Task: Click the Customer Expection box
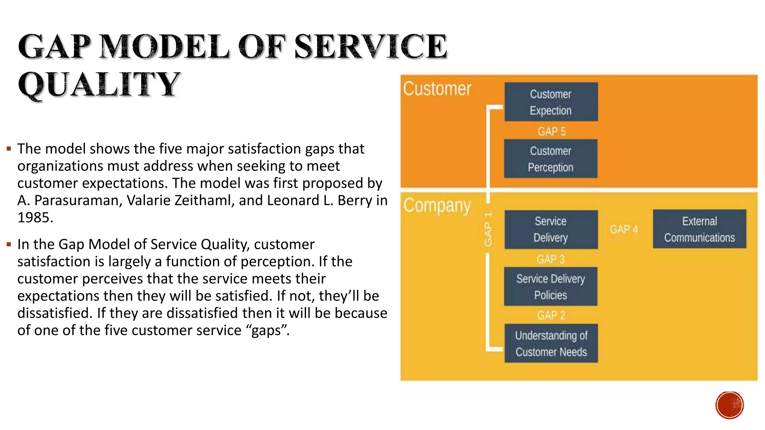pos(551,102)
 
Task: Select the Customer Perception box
pos(551,159)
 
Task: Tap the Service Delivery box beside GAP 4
pos(551,230)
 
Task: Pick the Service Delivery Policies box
pos(551,287)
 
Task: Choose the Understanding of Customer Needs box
pos(551,343)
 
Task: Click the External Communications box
pos(699,229)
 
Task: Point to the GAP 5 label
pos(552,131)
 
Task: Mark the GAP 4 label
pos(624,229)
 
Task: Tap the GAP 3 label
pos(551,259)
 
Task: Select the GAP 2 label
pos(551,315)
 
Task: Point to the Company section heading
pos(437,206)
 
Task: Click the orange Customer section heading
pos(437,89)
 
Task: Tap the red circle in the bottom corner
pos(730,405)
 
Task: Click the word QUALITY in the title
pos(99,84)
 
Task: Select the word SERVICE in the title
pos(371,47)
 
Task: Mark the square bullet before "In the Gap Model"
pos(9,245)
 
